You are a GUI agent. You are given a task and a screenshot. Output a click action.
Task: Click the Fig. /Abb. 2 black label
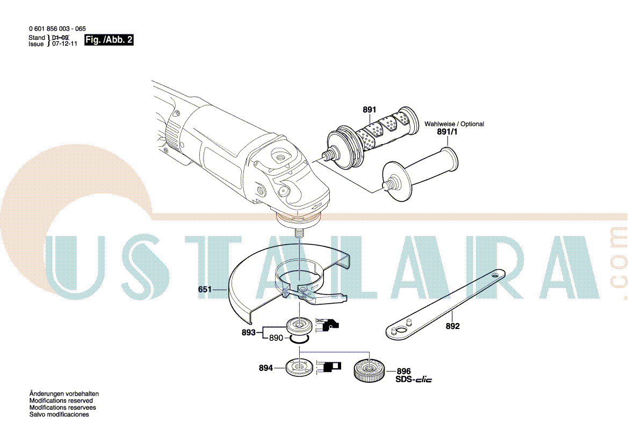(109, 40)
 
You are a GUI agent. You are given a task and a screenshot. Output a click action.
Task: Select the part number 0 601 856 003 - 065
(57, 29)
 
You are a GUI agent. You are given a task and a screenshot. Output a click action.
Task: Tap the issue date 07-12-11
(64, 44)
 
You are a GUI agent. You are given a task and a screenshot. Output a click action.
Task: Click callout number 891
(369, 110)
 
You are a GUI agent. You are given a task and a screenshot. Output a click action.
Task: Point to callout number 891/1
(447, 132)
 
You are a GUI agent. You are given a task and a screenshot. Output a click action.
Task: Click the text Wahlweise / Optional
(454, 124)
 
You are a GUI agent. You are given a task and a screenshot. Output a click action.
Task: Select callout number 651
(205, 289)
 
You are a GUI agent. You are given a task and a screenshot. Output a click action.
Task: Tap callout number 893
(248, 333)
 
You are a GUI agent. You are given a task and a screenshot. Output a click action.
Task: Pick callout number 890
(276, 338)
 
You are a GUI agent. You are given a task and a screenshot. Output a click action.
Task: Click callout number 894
(265, 368)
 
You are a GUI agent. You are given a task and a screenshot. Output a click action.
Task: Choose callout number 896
(404, 371)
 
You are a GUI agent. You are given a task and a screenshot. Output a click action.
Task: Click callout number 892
(452, 326)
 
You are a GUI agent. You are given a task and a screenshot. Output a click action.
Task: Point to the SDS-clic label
(414, 379)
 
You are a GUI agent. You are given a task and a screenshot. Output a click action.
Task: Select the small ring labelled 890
(299, 340)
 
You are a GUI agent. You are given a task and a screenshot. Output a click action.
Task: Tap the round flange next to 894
(300, 367)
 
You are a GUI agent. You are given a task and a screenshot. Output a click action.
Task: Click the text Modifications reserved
(61, 400)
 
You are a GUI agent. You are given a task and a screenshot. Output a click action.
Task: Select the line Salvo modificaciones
(59, 414)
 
